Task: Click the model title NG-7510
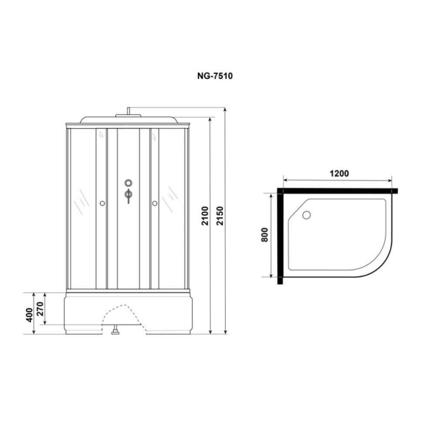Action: [215, 76]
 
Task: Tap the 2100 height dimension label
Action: [205, 216]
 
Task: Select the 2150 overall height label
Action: [220, 216]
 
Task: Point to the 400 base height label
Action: [30, 315]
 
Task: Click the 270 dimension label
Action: [40, 309]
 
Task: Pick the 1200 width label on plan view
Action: [339, 174]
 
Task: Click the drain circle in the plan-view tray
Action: [307, 215]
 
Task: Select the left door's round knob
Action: [102, 203]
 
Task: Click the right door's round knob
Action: [154, 203]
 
